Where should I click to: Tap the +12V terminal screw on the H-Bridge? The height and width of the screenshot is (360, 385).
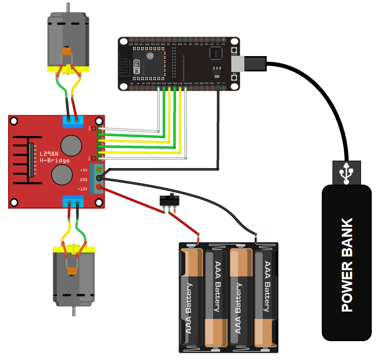(99, 188)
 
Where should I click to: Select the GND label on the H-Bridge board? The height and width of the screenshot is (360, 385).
(83, 179)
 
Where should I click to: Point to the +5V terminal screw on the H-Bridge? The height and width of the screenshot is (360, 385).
(99, 170)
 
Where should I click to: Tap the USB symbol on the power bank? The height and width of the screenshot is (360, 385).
(347, 173)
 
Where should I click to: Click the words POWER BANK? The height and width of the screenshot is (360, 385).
(347, 265)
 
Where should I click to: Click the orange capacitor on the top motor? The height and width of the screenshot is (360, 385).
(66, 52)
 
